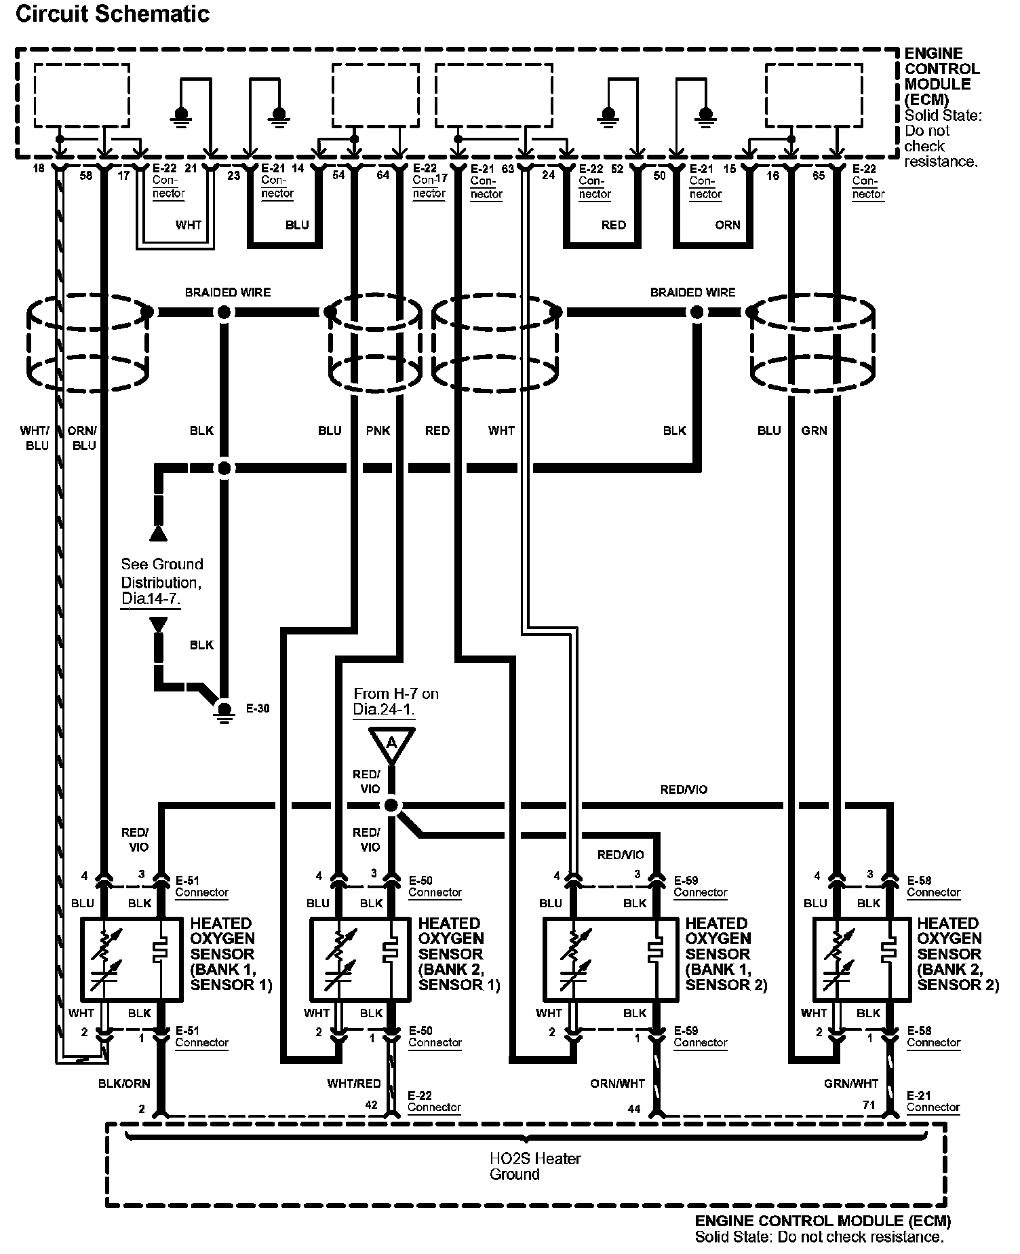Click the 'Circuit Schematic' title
(x=113, y=14)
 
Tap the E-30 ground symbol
(x=224, y=710)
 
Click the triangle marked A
(x=391, y=744)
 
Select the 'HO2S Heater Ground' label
(x=535, y=1166)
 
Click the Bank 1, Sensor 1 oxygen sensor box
(x=132, y=959)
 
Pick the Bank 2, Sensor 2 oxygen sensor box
(x=861, y=959)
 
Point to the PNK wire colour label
(x=378, y=430)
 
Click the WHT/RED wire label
(x=353, y=1084)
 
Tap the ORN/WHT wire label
(x=617, y=1084)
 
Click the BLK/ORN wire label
(x=124, y=1084)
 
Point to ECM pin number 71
(x=869, y=1105)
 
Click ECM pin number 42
(x=371, y=1105)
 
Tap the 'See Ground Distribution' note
(x=161, y=582)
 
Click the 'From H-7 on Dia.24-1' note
(x=395, y=701)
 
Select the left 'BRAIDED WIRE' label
(x=228, y=292)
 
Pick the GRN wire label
(x=814, y=430)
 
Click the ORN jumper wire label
(x=728, y=225)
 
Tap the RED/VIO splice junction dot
(x=391, y=805)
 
